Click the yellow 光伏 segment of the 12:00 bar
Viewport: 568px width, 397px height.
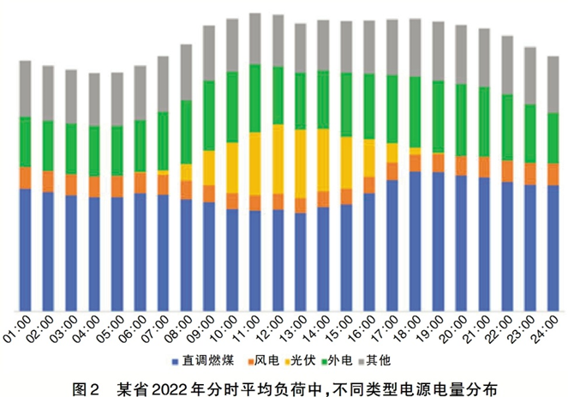[278, 159]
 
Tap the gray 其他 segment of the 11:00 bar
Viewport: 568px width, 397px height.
[254, 39]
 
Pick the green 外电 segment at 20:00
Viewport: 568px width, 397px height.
[461, 120]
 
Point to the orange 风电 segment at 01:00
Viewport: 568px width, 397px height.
[25, 177]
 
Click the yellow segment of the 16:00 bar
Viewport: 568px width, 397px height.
[369, 158]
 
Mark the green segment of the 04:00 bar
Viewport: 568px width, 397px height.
[94, 151]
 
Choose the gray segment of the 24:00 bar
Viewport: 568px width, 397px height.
[553, 84]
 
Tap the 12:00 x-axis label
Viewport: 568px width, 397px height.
[274, 331]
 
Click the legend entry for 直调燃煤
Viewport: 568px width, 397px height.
[205, 360]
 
